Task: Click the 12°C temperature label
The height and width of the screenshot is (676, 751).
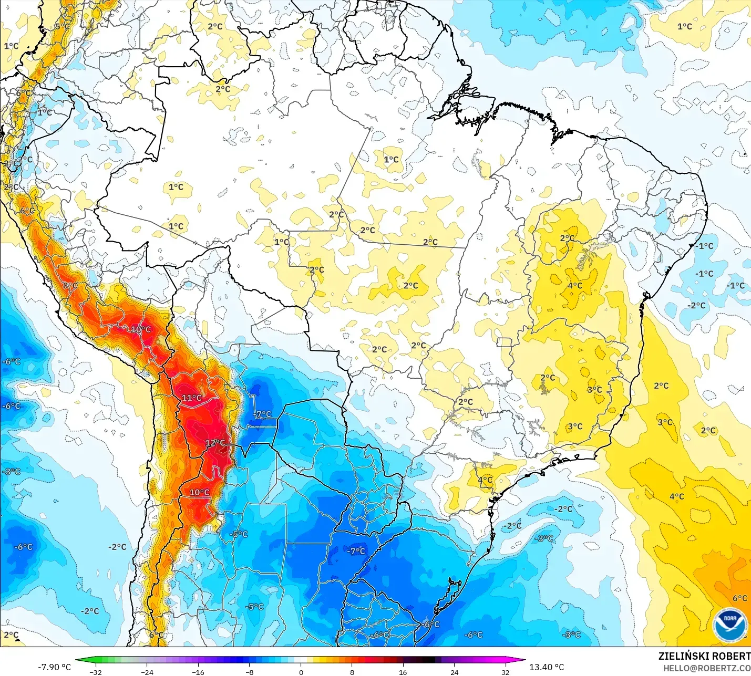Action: (215, 443)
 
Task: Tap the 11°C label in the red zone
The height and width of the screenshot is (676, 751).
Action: (192, 398)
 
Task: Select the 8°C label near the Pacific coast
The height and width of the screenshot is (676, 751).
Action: (70, 286)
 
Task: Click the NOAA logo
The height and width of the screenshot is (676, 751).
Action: (730, 625)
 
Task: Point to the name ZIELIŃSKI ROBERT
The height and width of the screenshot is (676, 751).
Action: (704, 656)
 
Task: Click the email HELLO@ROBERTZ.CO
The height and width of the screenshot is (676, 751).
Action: (706, 668)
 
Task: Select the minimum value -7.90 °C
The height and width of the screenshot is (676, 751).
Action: (54, 667)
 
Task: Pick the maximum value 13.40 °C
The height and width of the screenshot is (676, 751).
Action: (547, 667)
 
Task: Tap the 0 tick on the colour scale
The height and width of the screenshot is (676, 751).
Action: (301, 672)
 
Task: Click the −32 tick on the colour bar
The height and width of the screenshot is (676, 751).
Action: (95, 672)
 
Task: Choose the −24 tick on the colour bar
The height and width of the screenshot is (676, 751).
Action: (147, 672)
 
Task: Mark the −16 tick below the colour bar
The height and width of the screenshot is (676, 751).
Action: (198, 672)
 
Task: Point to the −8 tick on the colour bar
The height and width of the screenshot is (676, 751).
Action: (249, 672)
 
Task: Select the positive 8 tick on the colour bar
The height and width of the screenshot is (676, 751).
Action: (352, 672)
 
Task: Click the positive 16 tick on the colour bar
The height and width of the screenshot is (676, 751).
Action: (403, 672)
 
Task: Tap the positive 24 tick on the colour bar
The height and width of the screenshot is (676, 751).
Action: (454, 672)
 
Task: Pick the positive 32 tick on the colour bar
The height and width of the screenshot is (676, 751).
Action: (505, 672)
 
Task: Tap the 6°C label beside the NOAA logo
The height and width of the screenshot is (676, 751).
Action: (739, 598)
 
